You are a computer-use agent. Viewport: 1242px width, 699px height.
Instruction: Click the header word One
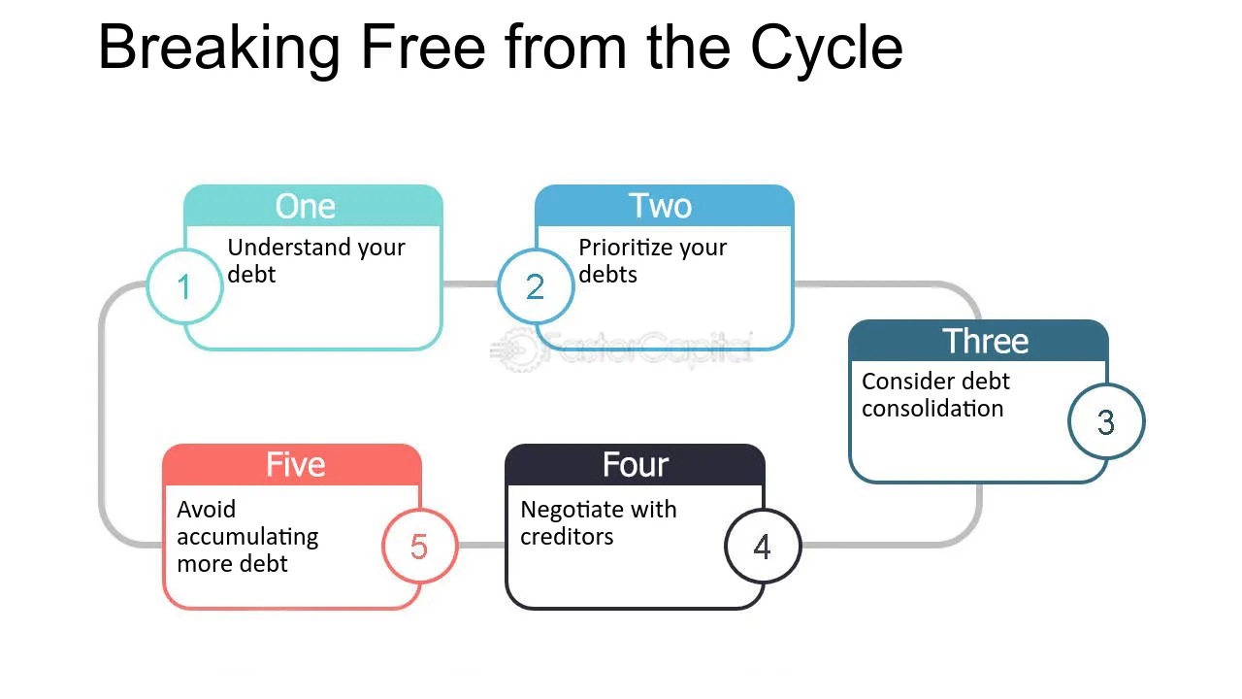[306, 207]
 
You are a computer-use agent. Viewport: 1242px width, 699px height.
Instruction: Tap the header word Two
[660, 206]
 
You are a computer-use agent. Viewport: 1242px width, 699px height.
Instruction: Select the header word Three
[985, 341]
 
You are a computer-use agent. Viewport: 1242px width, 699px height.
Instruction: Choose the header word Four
[636, 464]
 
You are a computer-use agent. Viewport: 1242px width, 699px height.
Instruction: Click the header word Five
[296, 464]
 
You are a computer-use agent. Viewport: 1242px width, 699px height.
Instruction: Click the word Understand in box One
[289, 247]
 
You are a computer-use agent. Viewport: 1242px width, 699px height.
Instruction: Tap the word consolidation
[932, 409]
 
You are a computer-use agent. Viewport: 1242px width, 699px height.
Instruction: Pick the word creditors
[567, 537]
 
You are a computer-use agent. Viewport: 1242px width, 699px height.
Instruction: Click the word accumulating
[247, 537]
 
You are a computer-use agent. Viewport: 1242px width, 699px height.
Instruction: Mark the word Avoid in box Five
[207, 510]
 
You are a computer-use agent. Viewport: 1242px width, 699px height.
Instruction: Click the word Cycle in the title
[826, 50]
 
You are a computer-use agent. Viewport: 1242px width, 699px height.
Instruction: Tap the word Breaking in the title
[219, 50]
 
